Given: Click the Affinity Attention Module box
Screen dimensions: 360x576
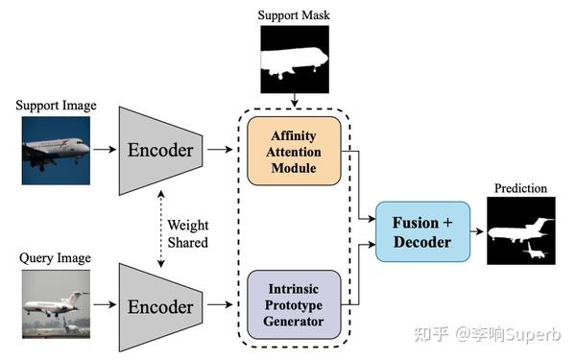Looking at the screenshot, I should tap(295, 152).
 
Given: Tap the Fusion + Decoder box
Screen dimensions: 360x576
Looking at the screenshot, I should tap(421, 231).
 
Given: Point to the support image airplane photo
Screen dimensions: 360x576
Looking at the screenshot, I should tap(56, 148).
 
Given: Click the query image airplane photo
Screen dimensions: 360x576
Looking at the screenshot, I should tap(56, 304).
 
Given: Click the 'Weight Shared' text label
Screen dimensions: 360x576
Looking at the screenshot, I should tap(187, 230).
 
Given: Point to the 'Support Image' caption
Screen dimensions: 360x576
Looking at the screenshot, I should tap(56, 105).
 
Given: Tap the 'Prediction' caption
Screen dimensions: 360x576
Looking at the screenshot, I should tap(520, 188).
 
